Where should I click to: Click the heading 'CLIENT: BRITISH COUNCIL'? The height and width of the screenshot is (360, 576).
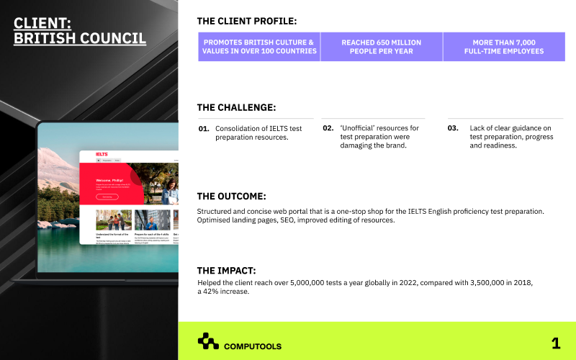tap(79, 31)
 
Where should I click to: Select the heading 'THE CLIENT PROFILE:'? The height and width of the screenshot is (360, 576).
tap(246, 21)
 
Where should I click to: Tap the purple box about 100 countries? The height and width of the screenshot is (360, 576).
tap(259, 47)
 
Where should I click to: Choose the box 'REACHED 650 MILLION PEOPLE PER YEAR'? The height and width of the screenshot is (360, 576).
tap(382, 47)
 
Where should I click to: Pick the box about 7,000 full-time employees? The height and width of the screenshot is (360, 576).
tap(504, 47)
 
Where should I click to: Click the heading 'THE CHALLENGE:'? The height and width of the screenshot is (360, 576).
tap(236, 107)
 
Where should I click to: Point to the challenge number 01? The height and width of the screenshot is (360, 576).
tap(204, 129)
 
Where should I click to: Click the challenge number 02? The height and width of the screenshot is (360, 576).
tap(328, 128)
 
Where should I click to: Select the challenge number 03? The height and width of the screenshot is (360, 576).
tap(453, 128)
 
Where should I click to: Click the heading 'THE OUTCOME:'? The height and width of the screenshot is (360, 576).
tap(231, 196)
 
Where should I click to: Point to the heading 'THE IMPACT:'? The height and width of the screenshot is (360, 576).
tap(226, 270)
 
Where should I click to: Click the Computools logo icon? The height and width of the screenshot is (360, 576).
tap(208, 341)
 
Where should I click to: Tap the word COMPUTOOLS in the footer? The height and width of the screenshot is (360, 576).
tap(253, 346)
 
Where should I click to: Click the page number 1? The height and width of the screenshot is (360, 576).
tap(555, 343)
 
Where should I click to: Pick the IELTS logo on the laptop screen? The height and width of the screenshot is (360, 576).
tap(102, 153)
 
